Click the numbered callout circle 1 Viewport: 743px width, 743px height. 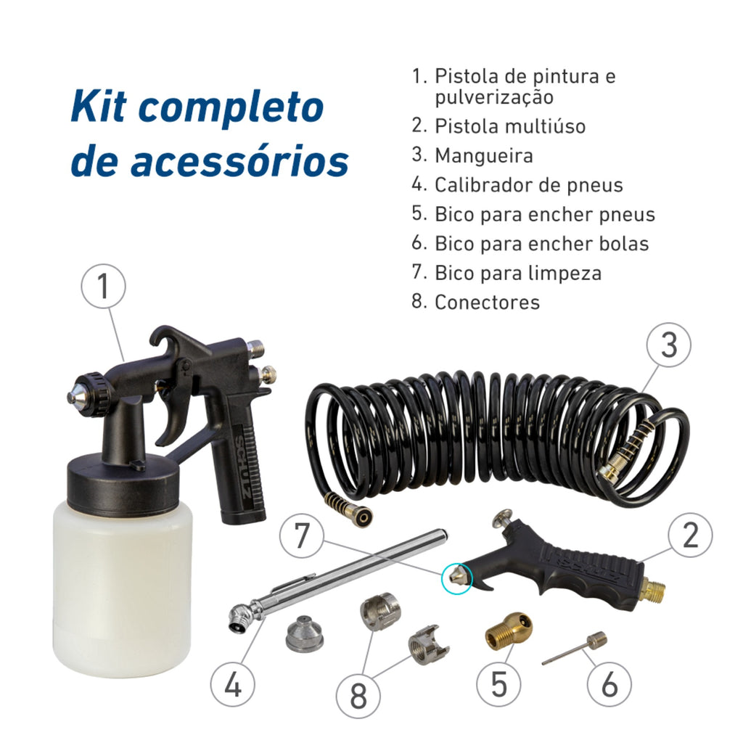click(x=103, y=287)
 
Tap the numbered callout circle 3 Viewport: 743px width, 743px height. click(x=668, y=345)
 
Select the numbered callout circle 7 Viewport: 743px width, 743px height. click(x=302, y=535)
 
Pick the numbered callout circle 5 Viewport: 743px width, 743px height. click(x=498, y=684)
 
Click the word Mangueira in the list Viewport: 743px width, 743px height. click(x=484, y=155)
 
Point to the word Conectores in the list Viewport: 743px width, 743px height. click(x=487, y=303)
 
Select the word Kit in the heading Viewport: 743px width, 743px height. click(x=99, y=106)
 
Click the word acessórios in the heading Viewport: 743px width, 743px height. click(x=239, y=160)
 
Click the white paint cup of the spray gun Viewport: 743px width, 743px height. click(x=123, y=583)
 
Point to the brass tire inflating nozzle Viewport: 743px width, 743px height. click(x=508, y=633)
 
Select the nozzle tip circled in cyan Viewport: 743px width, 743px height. click(x=456, y=577)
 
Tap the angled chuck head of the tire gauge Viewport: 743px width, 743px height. click(x=245, y=615)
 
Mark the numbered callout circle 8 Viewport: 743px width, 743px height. click(x=358, y=696)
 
